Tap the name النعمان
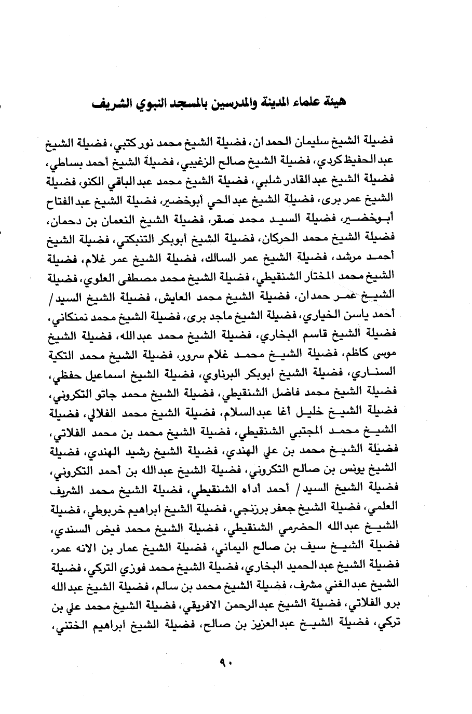142,224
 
